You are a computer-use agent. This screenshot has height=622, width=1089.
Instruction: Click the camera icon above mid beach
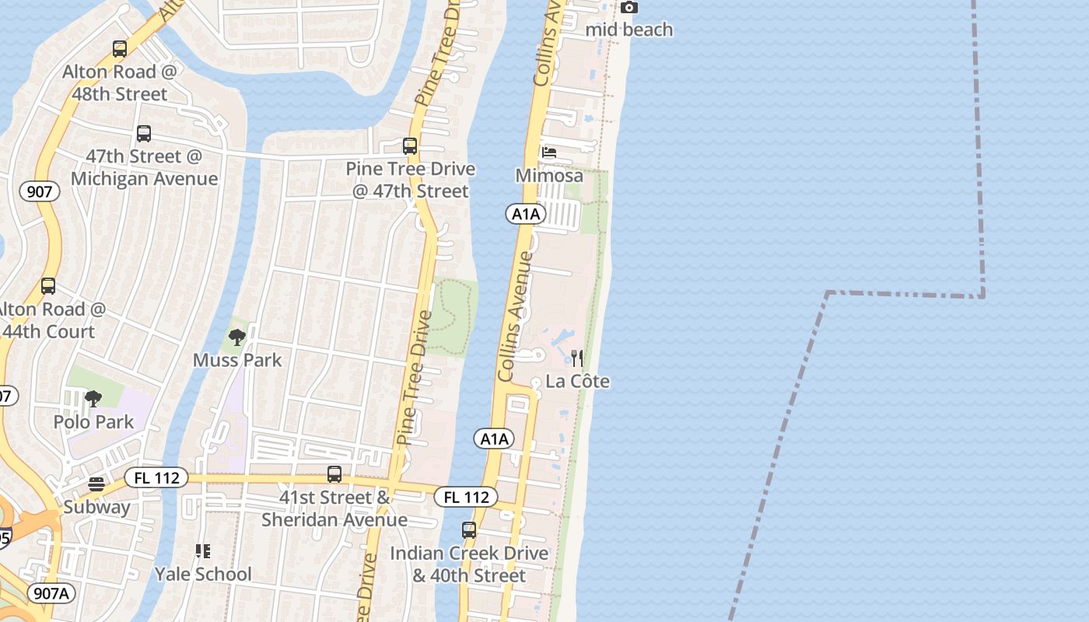click(629, 8)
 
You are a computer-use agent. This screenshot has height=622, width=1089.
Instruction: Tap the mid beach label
click(629, 30)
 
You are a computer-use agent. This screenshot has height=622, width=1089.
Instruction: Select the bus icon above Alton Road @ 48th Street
click(119, 49)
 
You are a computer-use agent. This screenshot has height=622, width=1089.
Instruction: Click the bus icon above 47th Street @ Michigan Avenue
click(144, 133)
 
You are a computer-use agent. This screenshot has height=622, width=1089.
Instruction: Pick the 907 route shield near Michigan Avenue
click(40, 191)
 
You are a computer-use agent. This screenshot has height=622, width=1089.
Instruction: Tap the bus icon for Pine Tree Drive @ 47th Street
click(409, 145)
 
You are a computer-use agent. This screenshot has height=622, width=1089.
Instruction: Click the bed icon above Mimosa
click(549, 152)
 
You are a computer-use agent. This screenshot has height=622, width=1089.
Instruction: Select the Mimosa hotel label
click(549, 176)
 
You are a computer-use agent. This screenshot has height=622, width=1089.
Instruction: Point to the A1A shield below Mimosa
click(525, 214)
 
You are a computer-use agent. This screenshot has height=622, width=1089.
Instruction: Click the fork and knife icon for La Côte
click(577, 358)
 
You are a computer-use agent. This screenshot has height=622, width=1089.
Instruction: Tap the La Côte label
click(577, 381)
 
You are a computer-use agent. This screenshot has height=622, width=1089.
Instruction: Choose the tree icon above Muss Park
click(237, 337)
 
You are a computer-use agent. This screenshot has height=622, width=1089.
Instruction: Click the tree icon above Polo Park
click(93, 399)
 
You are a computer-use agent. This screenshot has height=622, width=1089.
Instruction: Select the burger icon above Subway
click(96, 484)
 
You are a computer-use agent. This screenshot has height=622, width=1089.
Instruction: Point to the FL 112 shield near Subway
click(156, 477)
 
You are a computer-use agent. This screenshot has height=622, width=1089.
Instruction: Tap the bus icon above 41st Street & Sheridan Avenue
click(334, 473)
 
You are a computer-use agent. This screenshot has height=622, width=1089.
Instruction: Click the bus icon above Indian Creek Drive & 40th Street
click(469, 530)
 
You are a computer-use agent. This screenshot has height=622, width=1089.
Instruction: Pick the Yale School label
click(203, 574)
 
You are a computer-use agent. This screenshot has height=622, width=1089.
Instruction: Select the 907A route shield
click(52, 593)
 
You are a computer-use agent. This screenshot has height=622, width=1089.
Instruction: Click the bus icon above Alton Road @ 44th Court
click(48, 285)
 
